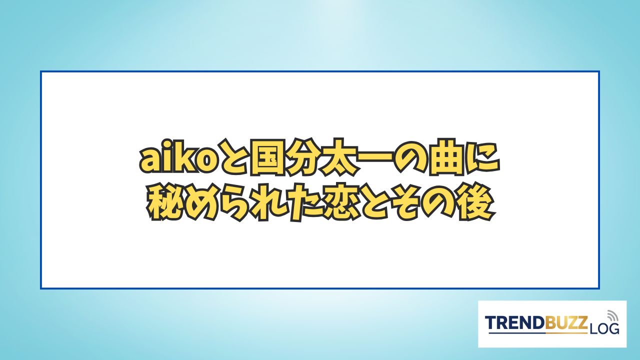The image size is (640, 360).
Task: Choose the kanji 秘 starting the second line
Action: (x=164, y=203)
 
